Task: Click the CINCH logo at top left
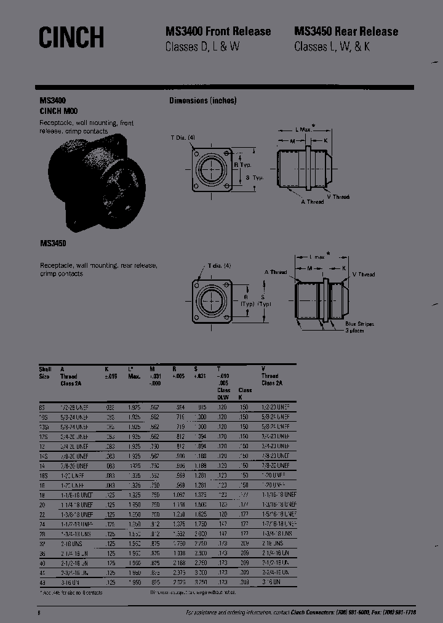pos(71,38)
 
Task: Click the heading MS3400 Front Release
pos(218,31)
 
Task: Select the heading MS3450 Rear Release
pos(346,31)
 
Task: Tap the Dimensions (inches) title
pos(202,101)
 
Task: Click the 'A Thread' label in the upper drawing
pos(312,202)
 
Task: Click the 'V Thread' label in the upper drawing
pos(338,197)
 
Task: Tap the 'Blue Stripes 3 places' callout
pos(359,328)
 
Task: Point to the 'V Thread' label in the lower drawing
pos(363,274)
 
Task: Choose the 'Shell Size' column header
pos(44,372)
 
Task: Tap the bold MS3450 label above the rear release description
pos(53,244)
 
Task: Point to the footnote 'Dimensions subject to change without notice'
pos(193,592)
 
